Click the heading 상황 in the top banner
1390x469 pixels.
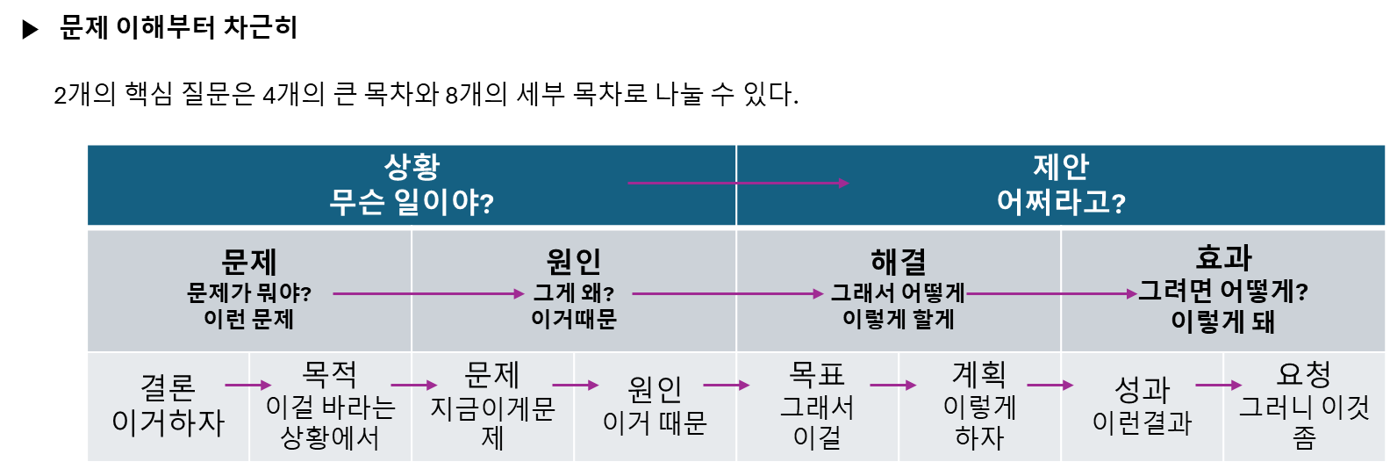pos(412,166)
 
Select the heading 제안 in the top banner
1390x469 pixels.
pos(1061,166)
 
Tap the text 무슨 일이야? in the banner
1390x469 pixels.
pos(412,203)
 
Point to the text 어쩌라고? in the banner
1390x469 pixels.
pos(1061,203)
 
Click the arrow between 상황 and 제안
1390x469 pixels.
pos(738,183)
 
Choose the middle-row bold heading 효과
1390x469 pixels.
pos(1223,258)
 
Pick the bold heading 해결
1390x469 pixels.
pos(899,262)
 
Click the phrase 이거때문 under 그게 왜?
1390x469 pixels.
pos(574,319)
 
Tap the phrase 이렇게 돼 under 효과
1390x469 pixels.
pos(1223,321)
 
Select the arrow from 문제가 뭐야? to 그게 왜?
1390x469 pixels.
pos(428,294)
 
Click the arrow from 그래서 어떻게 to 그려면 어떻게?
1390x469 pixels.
pos(1051,294)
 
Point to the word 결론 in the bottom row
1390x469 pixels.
pos(168,387)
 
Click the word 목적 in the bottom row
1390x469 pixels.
pos(330,375)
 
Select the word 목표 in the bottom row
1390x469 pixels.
pos(817,375)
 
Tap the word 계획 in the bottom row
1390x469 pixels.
pos(979,375)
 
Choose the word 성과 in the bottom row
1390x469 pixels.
pos(1142,389)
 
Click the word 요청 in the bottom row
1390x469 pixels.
pos(1304,375)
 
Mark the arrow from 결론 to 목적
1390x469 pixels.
pos(248,385)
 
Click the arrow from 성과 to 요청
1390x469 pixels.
pos(1219,385)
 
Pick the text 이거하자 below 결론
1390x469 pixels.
pos(168,422)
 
